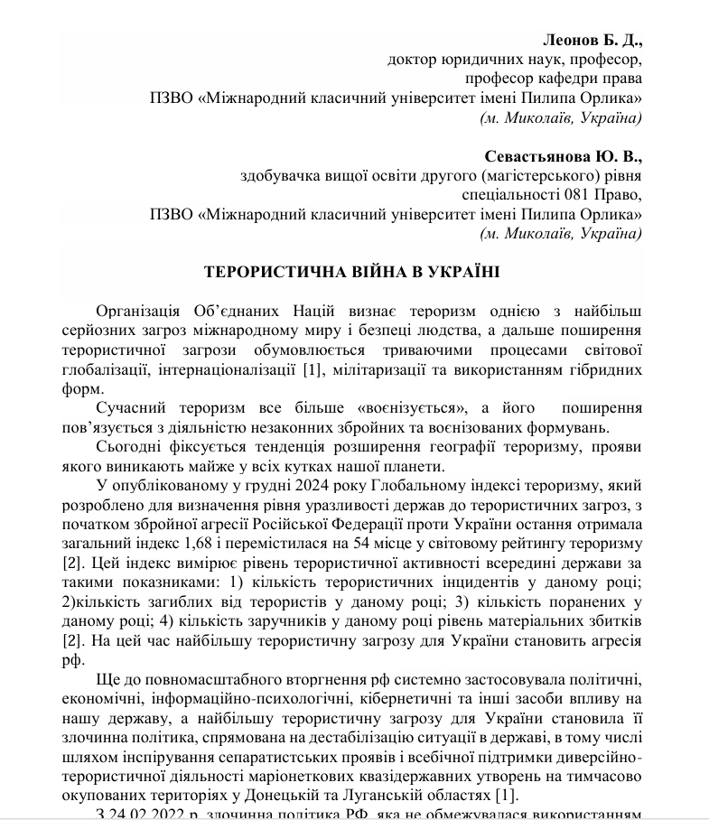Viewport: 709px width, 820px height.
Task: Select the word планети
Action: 416,466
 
